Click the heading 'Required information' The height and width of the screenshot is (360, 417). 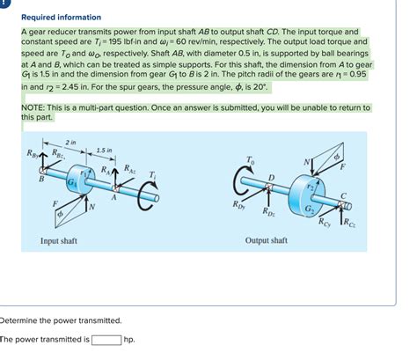pyautogui.click(x=61, y=17)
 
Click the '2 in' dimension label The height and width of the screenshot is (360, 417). pyautogui.click(x=70, y=142)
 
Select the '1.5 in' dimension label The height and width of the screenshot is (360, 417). pyautogui.click(x=104, y=150)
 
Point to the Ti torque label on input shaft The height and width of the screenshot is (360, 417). pyautogui.click(x=152, y=174)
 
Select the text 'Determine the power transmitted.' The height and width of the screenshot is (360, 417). pyautogui.click(x=62, y=320)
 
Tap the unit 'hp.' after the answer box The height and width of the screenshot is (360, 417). pyautogui.click(x=129, y=339)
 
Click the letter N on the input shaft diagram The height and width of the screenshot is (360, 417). pyautogui.click(x=91, y=208)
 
